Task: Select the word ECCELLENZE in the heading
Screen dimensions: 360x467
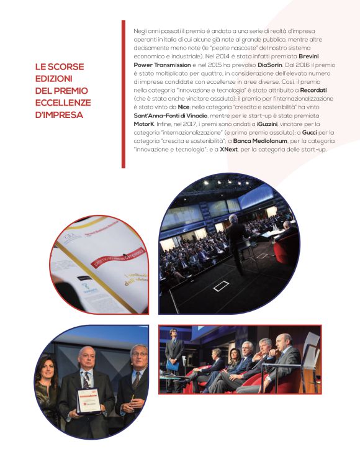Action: pos(63,102)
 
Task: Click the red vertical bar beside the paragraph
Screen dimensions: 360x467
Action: pos(123,93)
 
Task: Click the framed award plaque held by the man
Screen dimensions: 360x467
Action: pos(87,401)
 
